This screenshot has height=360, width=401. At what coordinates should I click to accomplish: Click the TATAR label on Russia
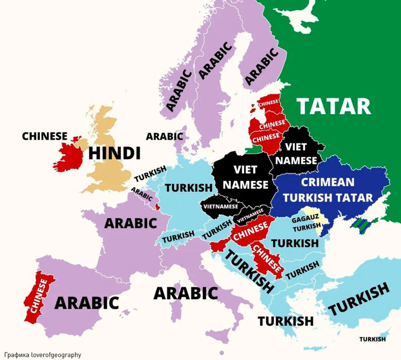click(x=333, y=106)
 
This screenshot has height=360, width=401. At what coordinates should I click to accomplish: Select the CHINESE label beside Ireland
click(x=45, y=136)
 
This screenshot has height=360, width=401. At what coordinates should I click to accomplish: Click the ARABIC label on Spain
click(x=87, y=303)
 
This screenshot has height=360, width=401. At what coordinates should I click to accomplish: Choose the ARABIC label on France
click(x=128, y=222)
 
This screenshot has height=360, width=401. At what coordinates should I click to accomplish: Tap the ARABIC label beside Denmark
click(x=164, y=136)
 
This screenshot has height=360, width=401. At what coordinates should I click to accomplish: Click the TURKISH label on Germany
click(x=188, y=188)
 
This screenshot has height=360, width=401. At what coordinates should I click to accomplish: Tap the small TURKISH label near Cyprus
click(x=372, y=339)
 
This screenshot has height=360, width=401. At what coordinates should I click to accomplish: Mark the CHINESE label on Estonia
click(x=268, y=102)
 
